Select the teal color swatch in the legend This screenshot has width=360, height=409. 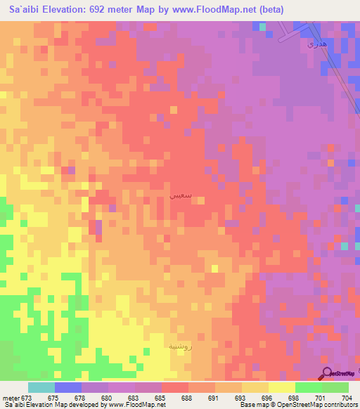click(x=41, y=387)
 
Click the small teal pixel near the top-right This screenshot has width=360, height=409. click(x=262, y=27)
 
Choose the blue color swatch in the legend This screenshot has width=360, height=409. click(x=67, y=387)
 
